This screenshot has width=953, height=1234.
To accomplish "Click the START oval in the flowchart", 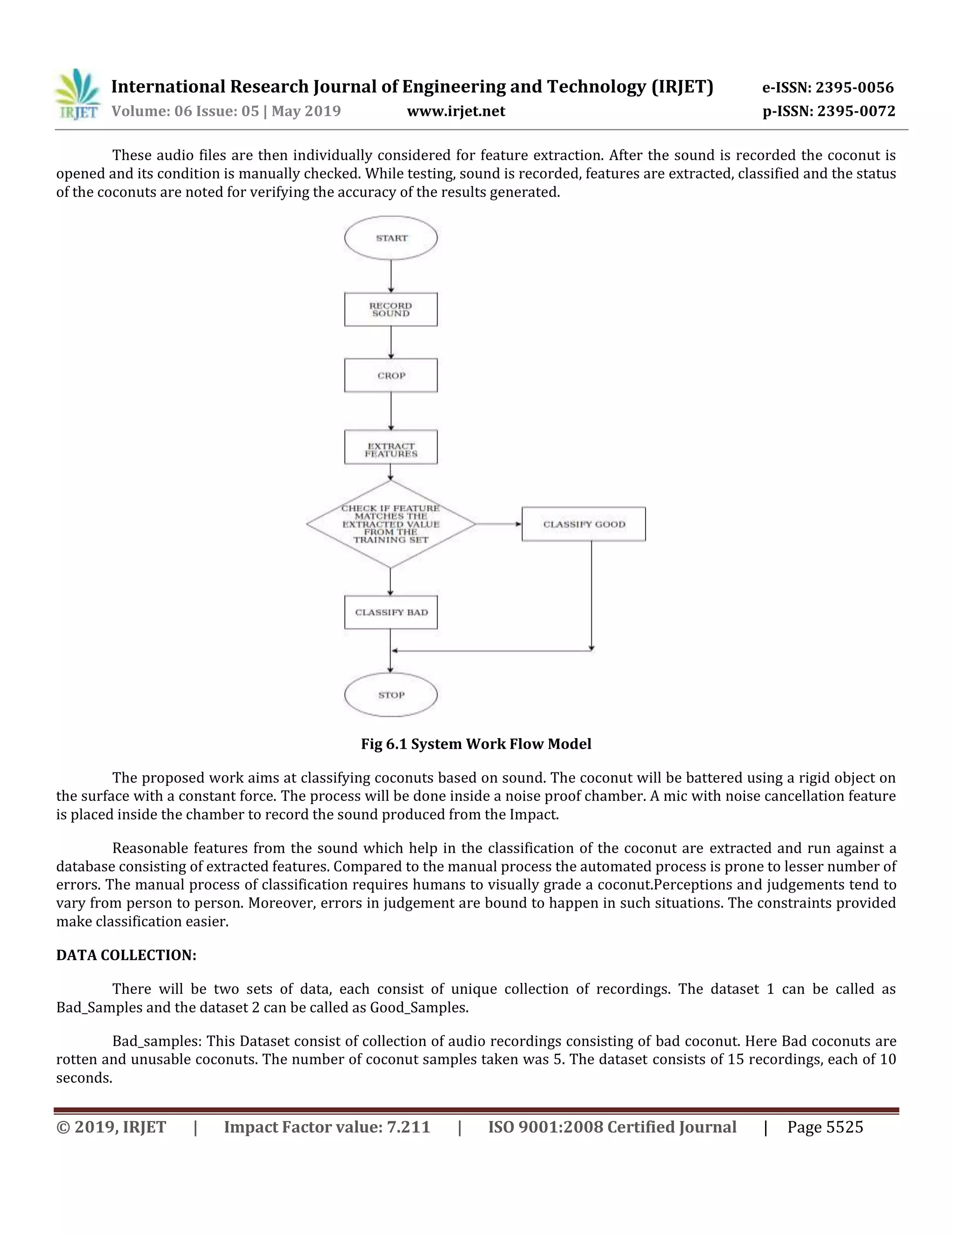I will (391, 238).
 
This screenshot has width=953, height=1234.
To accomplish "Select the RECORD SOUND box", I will (391, 310).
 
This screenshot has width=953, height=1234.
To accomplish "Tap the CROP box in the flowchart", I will (391, 375).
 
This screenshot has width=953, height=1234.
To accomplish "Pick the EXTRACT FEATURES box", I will (391, 450).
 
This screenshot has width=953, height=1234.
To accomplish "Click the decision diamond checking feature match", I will (391, 524).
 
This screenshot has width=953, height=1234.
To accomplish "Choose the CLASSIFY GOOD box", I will (584, 524).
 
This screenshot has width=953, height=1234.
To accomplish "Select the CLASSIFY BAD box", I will (391, 612).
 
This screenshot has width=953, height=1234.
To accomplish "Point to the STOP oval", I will (391, 694).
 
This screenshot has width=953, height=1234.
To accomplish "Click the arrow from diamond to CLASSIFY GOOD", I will (498, 524).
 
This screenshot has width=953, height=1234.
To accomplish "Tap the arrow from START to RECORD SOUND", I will (391, 276).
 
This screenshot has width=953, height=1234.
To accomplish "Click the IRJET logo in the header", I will (78, 95).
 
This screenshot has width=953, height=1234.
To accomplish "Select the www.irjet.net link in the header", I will (456, 111).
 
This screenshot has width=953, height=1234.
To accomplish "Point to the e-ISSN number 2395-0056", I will (854, 88).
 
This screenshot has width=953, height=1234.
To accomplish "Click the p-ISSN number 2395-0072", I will (856, 111).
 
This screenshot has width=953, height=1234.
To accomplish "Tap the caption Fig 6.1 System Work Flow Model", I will (476, 744).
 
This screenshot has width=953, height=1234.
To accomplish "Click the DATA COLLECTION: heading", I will (126, 955).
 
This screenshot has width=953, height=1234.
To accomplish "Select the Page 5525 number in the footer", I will (825, 1127).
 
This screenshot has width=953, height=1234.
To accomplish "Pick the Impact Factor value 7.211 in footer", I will (408, 1127).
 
